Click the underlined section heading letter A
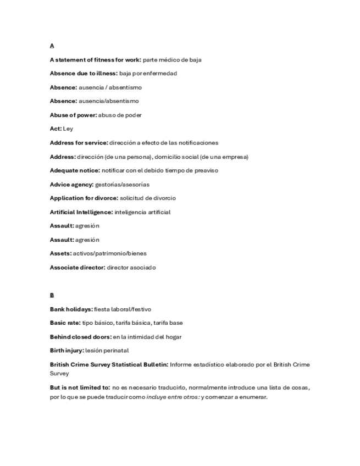click(52, 46)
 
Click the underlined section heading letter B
click(52, 295)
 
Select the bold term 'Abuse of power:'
click(73, 115)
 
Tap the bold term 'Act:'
click(56, 129)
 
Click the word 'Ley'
click(68, 129)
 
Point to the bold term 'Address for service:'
click(79, 142)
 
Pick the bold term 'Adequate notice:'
click(75, 170)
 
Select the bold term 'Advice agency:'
click(71, 184)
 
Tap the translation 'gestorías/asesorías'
click(122, 184)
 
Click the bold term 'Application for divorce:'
click(84, 198)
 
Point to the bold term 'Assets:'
click(60, 253)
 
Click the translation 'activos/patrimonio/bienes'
click(110, 253)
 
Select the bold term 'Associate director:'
click(77, 268)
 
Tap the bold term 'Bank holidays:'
click(71, 309)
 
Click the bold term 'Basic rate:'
click(65, 323)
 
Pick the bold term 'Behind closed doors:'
click(80, 337)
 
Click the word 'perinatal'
click(117, 350)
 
